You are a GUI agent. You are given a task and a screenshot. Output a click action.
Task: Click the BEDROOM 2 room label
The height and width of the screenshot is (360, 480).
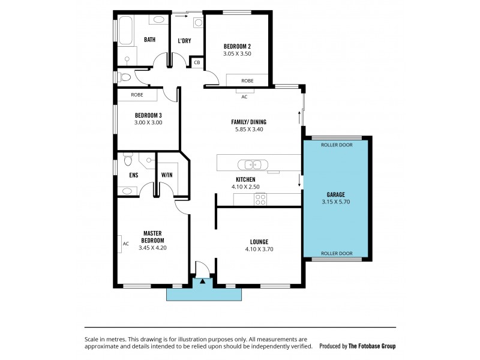(x=238, y=46)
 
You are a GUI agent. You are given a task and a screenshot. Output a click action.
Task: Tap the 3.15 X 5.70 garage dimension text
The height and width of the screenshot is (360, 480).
(x=335, y=202)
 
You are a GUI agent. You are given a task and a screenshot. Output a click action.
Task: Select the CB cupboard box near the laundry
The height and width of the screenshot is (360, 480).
(x=196, y=62)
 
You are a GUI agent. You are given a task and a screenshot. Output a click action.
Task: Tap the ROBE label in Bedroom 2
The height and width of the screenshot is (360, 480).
(x=247, y=80)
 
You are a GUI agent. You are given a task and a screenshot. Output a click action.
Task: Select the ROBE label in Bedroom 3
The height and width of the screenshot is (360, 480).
(x=137, y=95)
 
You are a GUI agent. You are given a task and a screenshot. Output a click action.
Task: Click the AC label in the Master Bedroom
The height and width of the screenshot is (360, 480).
(x=125, y=244)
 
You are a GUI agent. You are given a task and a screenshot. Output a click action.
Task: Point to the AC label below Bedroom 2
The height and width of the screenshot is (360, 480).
(x=244, y=97)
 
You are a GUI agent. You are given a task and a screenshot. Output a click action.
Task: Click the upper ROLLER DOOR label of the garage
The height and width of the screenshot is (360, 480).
(x=336, y=145)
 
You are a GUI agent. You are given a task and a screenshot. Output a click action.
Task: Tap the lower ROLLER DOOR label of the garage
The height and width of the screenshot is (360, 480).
(x=336, y=253)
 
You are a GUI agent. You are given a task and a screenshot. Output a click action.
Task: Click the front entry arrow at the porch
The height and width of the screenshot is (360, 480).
(x=203, y=280)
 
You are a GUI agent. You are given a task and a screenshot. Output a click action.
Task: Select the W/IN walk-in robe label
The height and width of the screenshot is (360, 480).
(x=166, y=176)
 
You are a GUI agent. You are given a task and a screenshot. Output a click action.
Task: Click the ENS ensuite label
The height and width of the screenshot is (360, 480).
(x=133, y=176)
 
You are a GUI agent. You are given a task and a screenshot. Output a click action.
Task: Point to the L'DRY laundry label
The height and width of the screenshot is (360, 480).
(x=184, y=41)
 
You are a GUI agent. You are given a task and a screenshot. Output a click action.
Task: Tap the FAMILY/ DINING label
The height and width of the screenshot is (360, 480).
(x=248, y=122)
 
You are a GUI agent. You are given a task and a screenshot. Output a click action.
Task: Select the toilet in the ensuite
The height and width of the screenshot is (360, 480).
(x=127, y=161)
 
